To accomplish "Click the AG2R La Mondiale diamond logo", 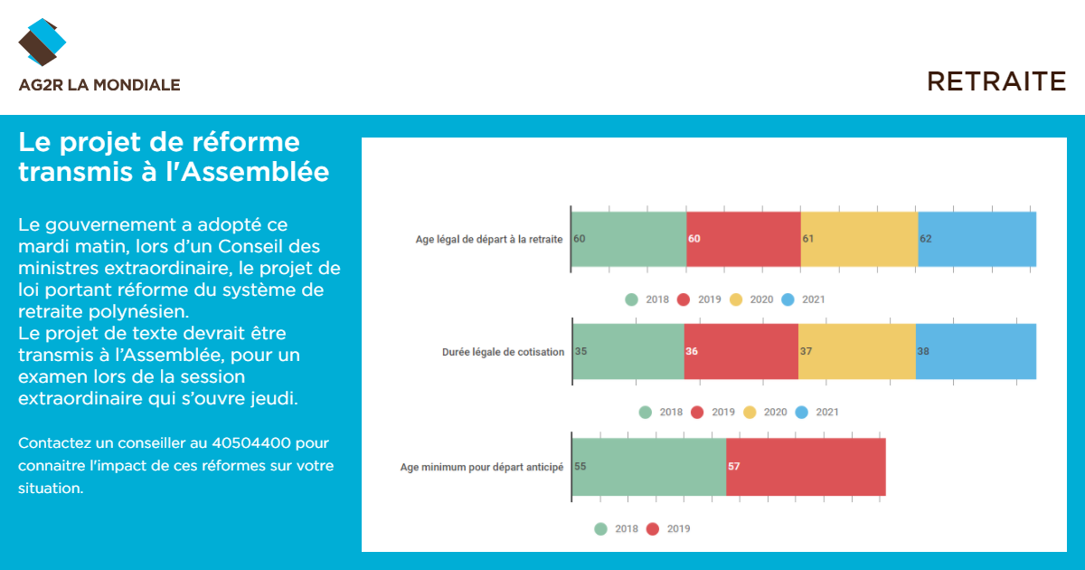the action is (42, 43).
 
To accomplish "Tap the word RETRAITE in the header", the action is (996, 81).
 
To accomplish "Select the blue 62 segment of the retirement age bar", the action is (977, 239).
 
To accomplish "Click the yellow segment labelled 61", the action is (859, 239).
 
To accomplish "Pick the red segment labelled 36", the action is (741, 351).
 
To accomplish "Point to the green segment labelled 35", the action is (628, 351).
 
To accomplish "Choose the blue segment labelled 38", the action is (976, 351).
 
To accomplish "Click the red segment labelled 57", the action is (806, 467).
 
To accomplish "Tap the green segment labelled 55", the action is (649, 467).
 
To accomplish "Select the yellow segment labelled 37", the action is (857, 351).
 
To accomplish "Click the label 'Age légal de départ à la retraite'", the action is (489, 240).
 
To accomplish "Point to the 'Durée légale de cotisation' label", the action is (504, 352).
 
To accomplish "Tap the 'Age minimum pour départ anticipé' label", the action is (482, 467).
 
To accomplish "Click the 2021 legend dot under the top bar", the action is (788, 299).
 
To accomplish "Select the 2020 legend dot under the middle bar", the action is (750, 413).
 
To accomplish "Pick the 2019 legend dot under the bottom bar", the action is (653, 528).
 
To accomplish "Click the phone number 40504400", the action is (251, 443).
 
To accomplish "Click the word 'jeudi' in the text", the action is (274, 398).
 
